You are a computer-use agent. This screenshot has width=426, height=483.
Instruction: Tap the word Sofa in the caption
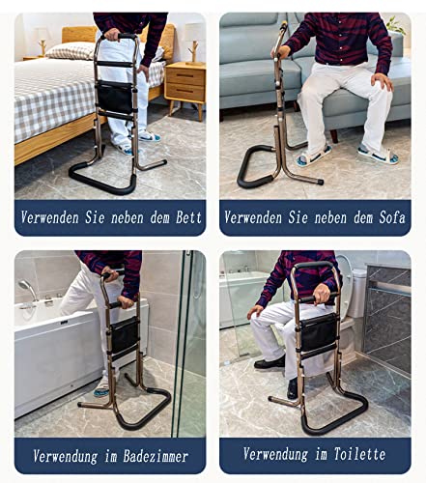(x=391, y=217)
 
